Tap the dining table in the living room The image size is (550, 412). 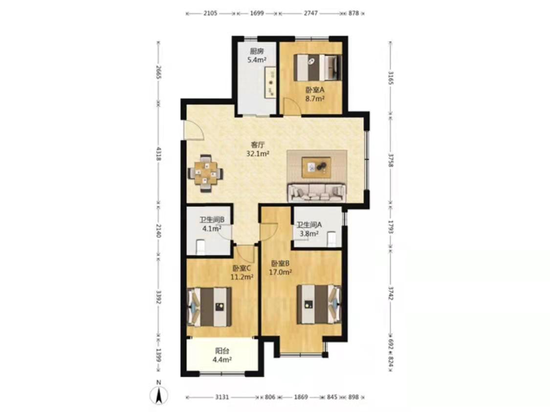click(x=205, y=173)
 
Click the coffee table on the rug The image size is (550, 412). click(x=316, y=167)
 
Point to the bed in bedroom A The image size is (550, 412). click(x=318, y=67)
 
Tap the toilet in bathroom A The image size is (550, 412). click(x=331, y=239)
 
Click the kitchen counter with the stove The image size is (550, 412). click(x=271, y=83)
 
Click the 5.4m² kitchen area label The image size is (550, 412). click(x=257, y=60)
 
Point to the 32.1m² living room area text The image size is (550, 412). click(x=258, y=153)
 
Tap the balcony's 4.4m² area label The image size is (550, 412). click(x=221, y=359)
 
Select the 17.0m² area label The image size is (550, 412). click(x=281, y=272)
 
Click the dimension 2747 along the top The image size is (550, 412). click(x=311, y=13)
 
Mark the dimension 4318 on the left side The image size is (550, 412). click(x=158, y=154)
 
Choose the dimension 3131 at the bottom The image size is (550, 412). click(x=221, y=397)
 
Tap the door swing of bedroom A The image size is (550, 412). click(x=292, y=106)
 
